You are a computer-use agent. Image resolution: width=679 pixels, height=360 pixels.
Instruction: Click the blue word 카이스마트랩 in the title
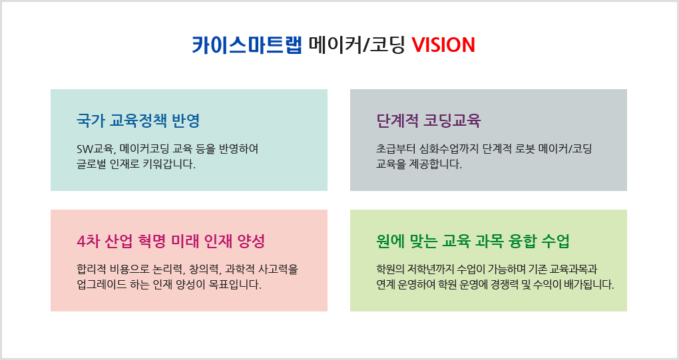[247, 45]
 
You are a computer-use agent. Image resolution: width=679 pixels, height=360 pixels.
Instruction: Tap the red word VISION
[443, 45]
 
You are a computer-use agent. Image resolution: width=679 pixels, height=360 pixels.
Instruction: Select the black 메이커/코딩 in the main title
[357, 45]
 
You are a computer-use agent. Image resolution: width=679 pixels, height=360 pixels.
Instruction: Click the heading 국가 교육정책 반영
[138, 120]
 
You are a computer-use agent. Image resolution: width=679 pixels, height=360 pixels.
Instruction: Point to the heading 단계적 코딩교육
[428, 120]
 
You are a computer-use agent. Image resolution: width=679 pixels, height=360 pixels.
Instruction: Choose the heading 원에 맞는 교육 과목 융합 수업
[473, 241]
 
